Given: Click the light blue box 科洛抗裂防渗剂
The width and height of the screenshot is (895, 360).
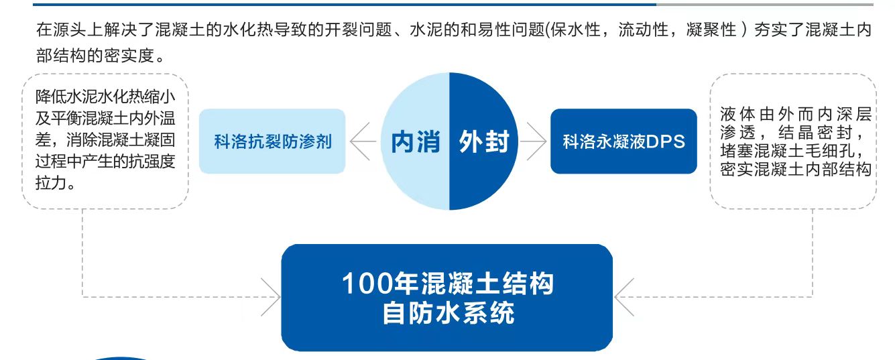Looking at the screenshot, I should pyautogui.click(x=272, y=141).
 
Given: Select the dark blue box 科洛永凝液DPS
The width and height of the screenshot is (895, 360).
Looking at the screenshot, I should pyautogui.click(x=623, y=141).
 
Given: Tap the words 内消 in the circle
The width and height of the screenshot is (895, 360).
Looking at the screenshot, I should pyautogui.click(x=415, y=142).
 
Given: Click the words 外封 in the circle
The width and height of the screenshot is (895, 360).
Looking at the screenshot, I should pyautogui.click(x=484, y=141).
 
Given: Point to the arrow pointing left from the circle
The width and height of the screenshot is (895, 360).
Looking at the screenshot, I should pyautogui.click(x=363, y=141).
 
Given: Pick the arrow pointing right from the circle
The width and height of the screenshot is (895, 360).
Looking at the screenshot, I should pyautogui.click(x=534, y=141).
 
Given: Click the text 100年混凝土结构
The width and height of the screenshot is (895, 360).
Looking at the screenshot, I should pyautogui.click(x=448, y=284).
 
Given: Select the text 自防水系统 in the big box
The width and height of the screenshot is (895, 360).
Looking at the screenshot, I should pyautogui.click(x=448, y=313).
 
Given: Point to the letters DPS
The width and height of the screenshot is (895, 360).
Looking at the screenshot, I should pyautogui.click(x=666, y=142).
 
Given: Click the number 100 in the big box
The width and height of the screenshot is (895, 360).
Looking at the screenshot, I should pyautogui.click(x=367, y=284).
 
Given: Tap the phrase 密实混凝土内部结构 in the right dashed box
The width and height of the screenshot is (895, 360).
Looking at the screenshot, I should pyautogui.click(x=795, y=168).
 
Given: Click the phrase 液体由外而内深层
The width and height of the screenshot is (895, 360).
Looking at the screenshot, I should pyautogui.click(x=795, y=113).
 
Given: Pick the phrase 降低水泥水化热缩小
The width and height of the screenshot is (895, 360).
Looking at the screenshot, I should pyautogui.click(x=105, y=96).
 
